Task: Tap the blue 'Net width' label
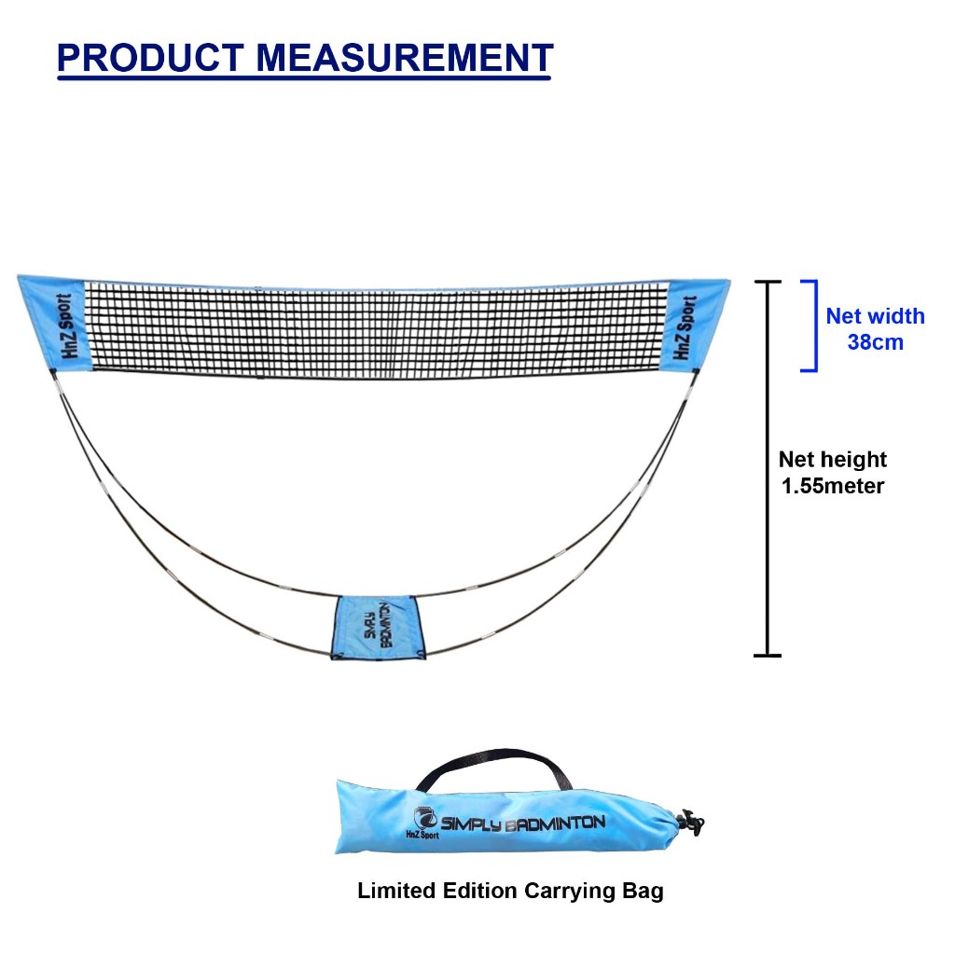(875, 316)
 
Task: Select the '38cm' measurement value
(875, 342)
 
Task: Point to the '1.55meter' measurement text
(831, 486)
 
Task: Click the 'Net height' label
(832, 460)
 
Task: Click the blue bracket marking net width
(814, 325)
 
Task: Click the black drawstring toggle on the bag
(691, 822)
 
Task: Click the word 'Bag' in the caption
(644, 892)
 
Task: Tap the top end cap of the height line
(767, 281)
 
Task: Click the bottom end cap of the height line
(767, 656)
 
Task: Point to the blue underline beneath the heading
(304, 78)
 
